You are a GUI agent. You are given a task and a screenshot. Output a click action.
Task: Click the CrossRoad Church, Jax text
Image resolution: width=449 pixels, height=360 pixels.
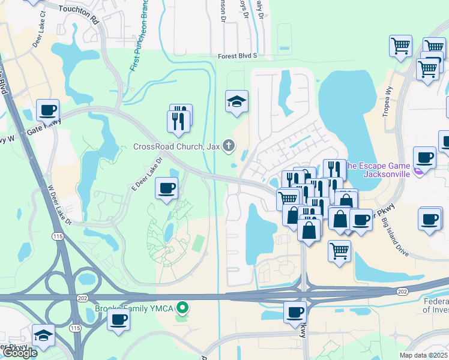176,146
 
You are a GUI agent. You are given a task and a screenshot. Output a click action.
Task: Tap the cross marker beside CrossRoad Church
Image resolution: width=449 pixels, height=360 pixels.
228,145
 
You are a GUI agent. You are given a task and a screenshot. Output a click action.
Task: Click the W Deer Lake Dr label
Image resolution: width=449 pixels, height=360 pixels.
60,204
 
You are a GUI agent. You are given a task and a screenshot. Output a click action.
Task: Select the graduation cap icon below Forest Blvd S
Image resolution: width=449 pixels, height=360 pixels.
237,101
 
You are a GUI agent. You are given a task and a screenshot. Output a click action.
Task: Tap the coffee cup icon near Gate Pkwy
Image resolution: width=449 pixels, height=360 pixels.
47,110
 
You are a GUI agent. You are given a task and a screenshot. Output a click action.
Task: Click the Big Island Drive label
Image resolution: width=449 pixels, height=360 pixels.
395,237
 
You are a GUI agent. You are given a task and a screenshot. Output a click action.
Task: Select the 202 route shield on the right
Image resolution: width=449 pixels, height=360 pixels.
402,292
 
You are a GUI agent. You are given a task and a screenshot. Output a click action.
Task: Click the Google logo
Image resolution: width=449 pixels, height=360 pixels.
20,353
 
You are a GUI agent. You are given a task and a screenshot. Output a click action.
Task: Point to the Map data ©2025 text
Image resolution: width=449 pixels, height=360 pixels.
423,355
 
